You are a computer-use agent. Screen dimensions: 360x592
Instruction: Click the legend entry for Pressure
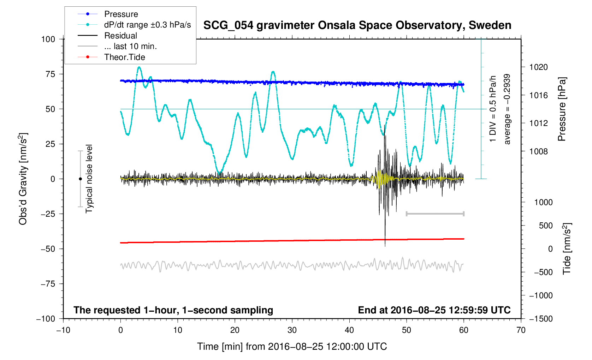pyautogui.click(x=121, y=14)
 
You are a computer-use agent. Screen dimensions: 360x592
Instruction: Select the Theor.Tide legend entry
pyautogui.click(x=124, y=57)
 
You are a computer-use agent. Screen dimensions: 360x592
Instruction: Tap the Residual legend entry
pyautogui.click(x=120, y=36)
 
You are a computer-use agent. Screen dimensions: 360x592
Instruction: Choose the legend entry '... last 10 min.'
pyautogui.click(x=130, y=46)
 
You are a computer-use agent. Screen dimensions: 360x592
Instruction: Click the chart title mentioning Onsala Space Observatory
pyautogui.click(x=357, y=25)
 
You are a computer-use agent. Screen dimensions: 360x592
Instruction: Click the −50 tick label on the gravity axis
pyautogui.click(x=48, y=249)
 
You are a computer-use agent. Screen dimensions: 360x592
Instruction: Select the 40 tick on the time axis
pyautogui.click(x=349, y=330)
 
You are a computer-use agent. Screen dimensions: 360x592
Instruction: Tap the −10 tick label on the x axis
pyautogui.click(x=63, y=330)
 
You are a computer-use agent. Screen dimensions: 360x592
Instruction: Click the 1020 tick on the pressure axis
pyautogui.click(x=538, y=67)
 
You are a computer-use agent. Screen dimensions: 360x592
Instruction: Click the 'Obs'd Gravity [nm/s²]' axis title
pyautogui.click(x=23, y=179)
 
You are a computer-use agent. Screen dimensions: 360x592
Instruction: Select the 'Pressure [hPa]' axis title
pyautogui.click(x=562, y=109)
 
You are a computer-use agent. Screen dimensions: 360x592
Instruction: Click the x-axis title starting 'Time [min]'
pyautogui.click(x=292, y=347)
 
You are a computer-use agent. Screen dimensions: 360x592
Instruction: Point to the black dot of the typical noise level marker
pyautogui.click(x=80, y=179)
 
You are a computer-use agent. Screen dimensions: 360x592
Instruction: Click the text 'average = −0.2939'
pyautogui.click(x=507, y=109)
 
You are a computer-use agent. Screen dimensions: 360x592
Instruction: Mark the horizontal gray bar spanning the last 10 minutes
pyautogui.click(x=435, y=214)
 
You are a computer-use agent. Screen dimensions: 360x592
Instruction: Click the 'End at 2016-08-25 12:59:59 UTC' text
pyautogui.click(x=434, y=310)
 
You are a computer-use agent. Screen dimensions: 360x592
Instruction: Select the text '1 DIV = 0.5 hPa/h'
pyautogui.click(x=493, y=109)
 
